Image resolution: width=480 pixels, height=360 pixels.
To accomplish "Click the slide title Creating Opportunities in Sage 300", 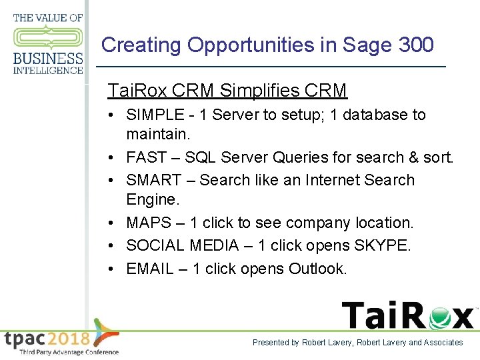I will click(x=267, y=45).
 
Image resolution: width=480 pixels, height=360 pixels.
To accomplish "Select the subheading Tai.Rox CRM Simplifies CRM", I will click(x=227, y=90).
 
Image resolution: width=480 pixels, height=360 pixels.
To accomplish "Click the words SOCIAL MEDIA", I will click(x=182, y=245).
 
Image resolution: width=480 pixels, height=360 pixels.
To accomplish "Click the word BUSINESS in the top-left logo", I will click(x=48, y=59).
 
